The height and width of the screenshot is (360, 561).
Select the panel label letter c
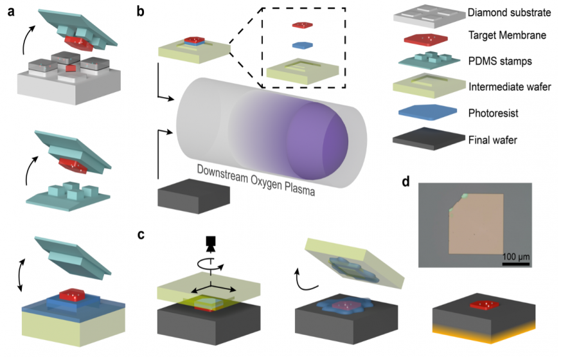(142, 234)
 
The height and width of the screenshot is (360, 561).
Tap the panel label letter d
(405, 182)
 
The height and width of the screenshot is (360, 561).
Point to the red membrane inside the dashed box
(302, 25)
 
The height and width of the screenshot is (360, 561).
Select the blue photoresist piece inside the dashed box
(302, 46)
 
